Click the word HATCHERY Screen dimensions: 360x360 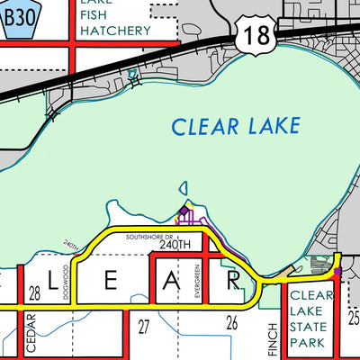114,31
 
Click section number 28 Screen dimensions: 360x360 35,294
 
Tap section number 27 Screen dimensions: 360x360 142,325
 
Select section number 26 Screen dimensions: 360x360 231,323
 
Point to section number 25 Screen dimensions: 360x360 353,318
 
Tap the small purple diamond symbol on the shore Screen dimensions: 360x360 184,211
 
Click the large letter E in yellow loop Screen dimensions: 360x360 112,283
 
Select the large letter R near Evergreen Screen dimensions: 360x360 232,283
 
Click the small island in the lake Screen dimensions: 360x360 184,189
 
